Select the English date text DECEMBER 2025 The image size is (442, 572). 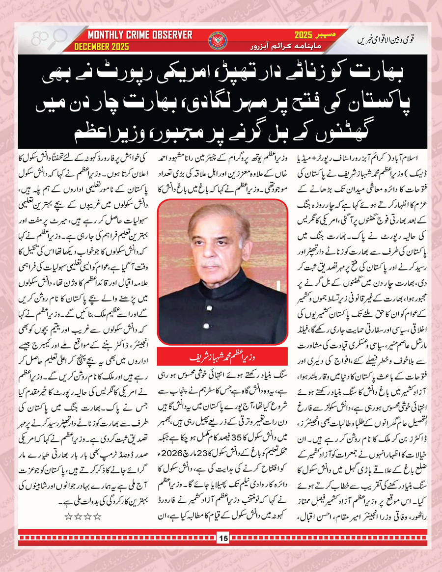point(102,47)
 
